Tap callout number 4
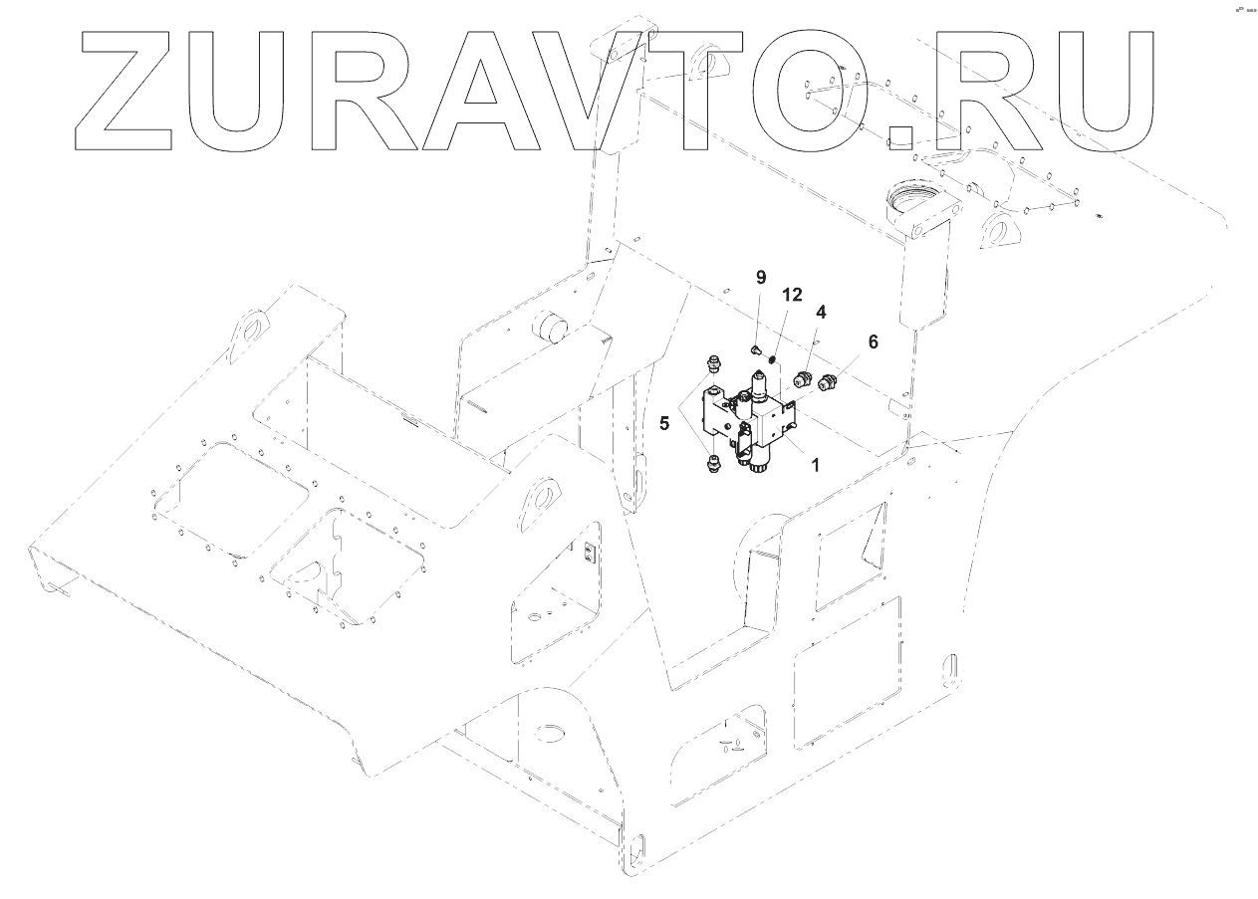point(821,312)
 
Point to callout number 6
point(874,340)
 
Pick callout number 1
point(815,464)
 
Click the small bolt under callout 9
point(756,349)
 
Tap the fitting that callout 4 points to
point(804,377)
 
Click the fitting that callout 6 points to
point(827,380)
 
